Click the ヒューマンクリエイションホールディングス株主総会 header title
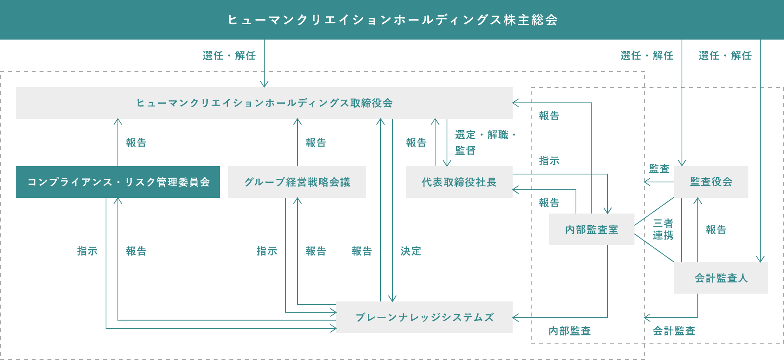[392, 20]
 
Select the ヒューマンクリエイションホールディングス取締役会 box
[264, 103]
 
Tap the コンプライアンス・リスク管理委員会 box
[118, 182]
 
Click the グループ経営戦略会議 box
[297, 182]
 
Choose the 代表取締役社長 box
[459, 182]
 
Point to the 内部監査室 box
[591, 229]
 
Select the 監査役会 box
[711, 182]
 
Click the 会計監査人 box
[721, 278]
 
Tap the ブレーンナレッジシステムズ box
[424, 317]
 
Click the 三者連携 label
[663, 229]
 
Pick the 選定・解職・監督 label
[485, 142]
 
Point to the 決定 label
[411, 251]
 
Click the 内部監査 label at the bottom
[570, 331]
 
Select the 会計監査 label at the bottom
[674, 331]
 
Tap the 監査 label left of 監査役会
[659, 169]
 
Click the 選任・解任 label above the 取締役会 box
[229, 56]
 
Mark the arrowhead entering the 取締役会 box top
[264, 84]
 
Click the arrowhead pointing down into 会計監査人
[760, 259]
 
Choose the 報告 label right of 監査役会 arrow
[716, 230]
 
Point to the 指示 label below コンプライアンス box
[87, 251]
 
